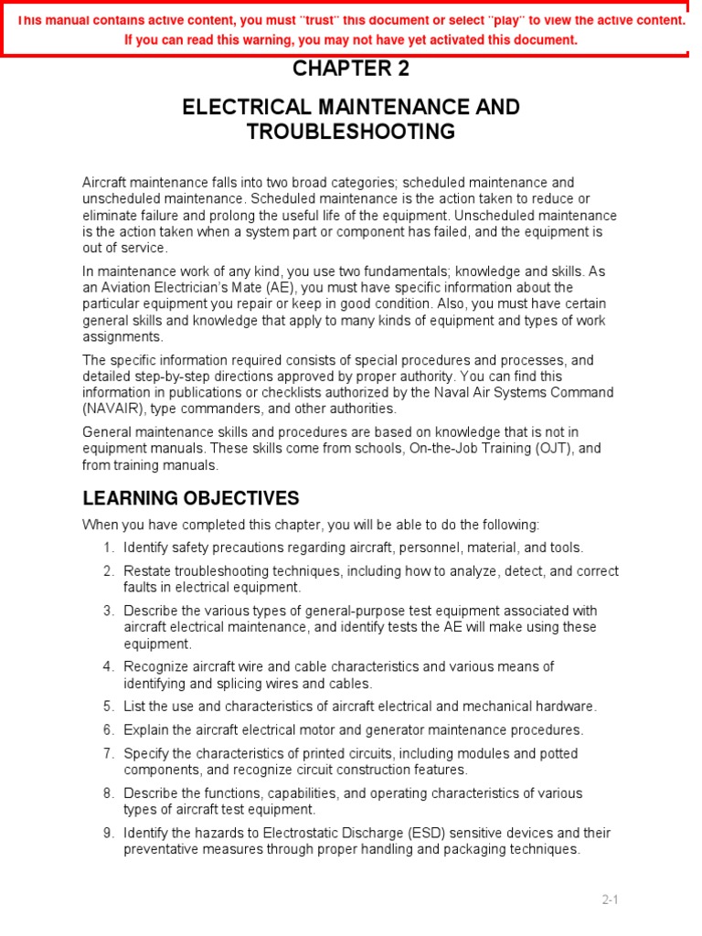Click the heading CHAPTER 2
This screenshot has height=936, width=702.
(351, 69)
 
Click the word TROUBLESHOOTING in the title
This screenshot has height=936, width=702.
(351, 132)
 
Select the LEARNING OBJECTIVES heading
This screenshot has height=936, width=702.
(191, 498)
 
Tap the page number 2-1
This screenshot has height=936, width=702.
(610, 899)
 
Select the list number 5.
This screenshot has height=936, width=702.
(108, 706)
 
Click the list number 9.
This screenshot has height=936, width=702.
(108, 833)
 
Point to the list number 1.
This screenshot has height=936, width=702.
(108, 548)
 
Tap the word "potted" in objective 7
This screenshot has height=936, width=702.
(558, 753)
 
